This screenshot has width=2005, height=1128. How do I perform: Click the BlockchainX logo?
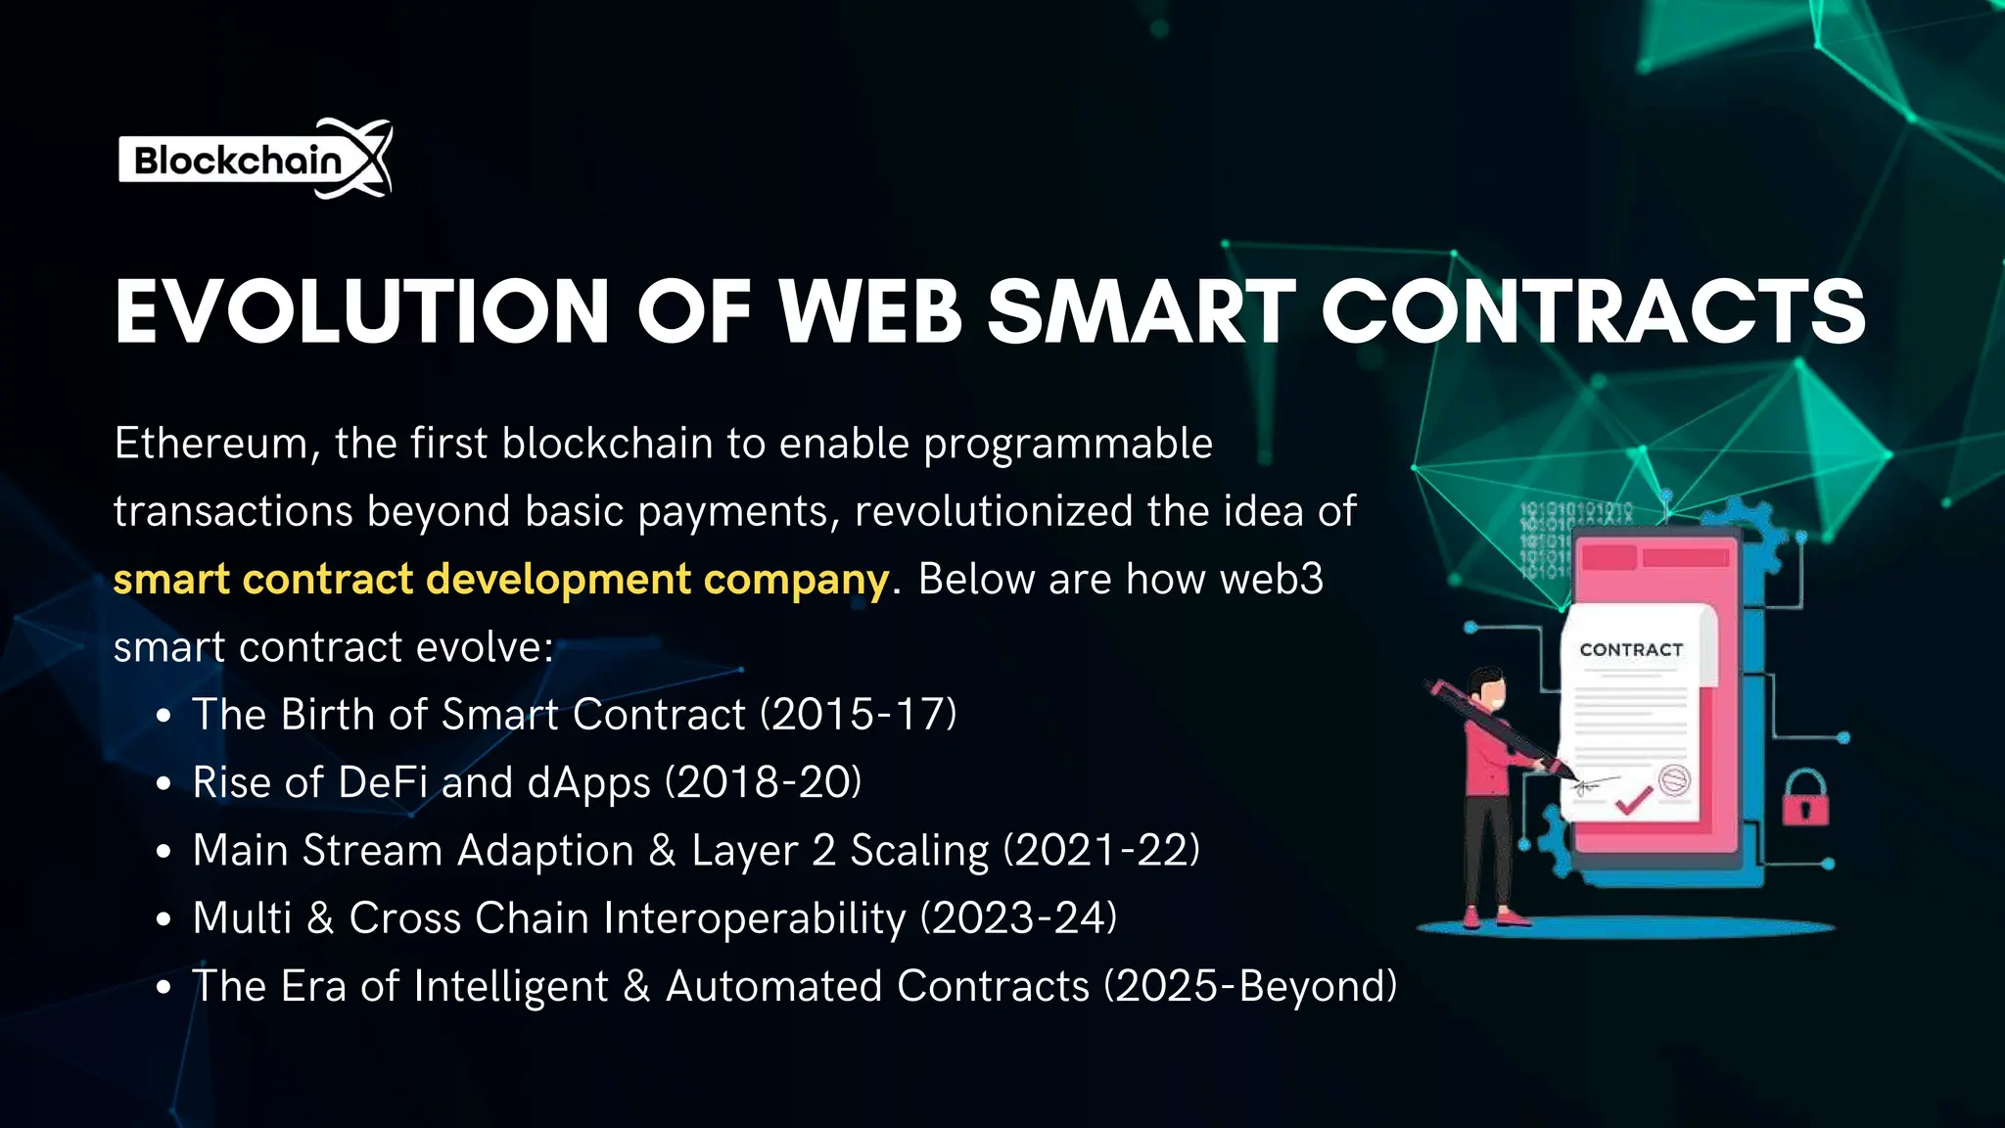(x=255, y=160)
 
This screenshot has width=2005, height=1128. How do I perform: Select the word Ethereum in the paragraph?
(x=211, y=444)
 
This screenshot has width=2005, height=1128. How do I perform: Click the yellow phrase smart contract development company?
(x=500, y=579)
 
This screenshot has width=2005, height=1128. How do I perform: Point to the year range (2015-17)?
(x=859, y=714)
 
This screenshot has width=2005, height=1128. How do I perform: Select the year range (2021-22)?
(x=1101, y=850)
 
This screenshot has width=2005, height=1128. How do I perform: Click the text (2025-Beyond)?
(x=1250, y=986)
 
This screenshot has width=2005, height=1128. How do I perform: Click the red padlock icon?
(x=1804, y=797)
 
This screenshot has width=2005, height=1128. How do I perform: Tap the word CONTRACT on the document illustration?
(x=1631, y=650)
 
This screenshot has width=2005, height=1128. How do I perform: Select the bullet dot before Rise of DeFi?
(x=164, y=784)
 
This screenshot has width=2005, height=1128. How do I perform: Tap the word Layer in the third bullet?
(x=744, y=850)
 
